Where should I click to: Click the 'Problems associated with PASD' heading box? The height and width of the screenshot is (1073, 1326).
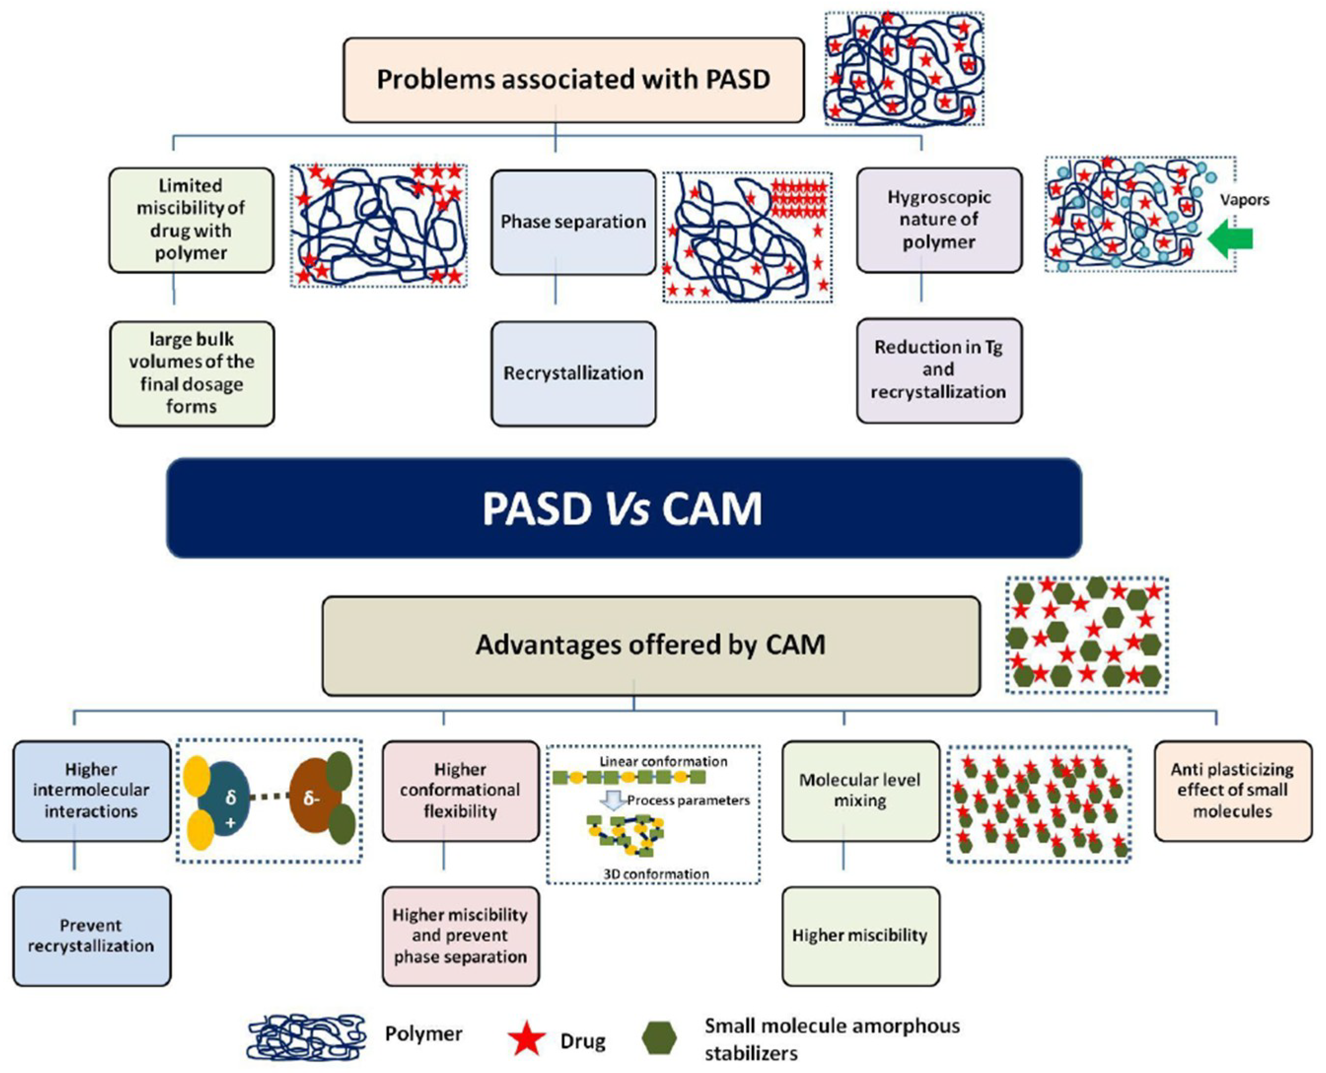(x=573, y=80)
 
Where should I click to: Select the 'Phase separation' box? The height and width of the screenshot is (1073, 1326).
(x=573, y=222)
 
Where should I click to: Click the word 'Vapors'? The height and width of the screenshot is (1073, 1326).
(x=1244, y=200)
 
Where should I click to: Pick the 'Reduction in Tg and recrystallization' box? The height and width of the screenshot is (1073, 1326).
(x=939, y=370)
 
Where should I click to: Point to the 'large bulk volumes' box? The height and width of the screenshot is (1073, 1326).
(x=192, y=373)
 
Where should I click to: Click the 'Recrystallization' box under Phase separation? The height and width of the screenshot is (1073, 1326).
(x=573, y=373)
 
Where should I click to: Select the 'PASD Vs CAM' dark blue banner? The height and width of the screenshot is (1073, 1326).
(x=623, y=508)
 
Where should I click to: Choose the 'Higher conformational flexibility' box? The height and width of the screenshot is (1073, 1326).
(x=460, y=791)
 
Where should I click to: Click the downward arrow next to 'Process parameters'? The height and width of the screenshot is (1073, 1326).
(x=614, y=801)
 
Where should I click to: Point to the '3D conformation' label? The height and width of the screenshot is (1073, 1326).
(x=656, y=874)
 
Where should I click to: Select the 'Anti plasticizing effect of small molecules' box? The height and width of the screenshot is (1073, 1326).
(x=1232, y=791)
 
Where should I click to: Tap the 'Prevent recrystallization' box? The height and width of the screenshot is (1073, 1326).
(x=92, y=936)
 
